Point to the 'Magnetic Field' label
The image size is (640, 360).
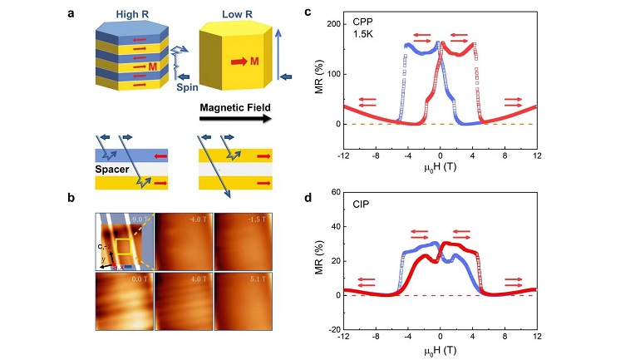coord(230,108)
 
